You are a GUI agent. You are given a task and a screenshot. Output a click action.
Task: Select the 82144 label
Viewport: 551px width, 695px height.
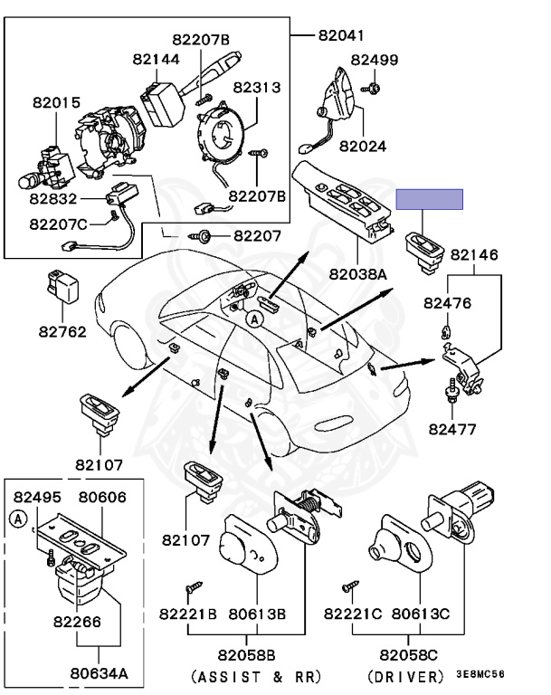click(x=156, y=58)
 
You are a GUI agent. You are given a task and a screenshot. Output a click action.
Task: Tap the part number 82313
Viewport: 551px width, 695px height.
click(x=257, y=88)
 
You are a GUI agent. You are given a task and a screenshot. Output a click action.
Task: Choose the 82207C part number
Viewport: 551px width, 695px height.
click(x=58, y=223)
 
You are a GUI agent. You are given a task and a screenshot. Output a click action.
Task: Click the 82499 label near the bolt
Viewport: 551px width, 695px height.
click(x=375, y=61)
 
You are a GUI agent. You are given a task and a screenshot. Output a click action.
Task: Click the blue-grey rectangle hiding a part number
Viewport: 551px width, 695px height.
click(x=429, y=200)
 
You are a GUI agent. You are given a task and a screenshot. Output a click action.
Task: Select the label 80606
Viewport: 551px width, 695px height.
click(x=101, y=497)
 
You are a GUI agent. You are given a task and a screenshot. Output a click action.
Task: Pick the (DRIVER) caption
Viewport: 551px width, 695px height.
click(x=409, y=676)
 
